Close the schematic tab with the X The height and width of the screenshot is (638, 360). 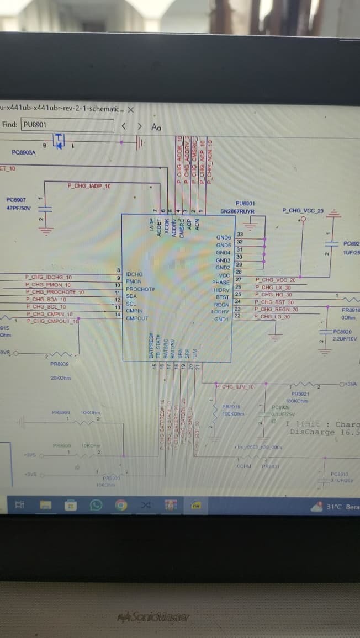[x=131, y=109]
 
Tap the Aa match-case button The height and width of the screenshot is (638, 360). [x=156, y=127]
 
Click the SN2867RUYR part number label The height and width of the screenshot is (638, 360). [x=237, y=211]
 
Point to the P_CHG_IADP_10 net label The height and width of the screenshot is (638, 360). [x=89, y=186]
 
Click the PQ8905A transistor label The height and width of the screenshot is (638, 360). [x=23, y=152]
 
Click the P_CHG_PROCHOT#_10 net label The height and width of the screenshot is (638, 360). [x=55, y=292]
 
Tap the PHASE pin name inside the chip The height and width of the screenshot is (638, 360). [x=221, y=283]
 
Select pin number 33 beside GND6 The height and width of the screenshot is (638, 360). [x=240, y=235]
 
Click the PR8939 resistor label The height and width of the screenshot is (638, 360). [x=60, y=364]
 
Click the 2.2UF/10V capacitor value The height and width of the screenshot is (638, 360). [x=345, y=338]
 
